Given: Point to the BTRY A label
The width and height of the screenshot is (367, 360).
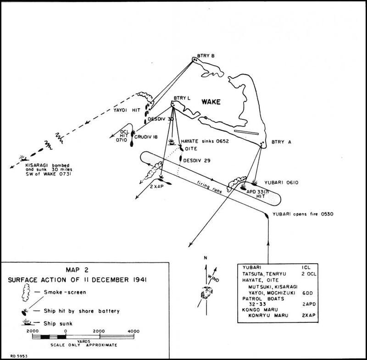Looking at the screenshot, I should (281, 142).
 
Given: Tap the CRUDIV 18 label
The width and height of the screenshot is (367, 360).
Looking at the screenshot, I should (149, 136).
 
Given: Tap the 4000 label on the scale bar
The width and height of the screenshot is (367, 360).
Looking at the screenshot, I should (133, 331).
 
